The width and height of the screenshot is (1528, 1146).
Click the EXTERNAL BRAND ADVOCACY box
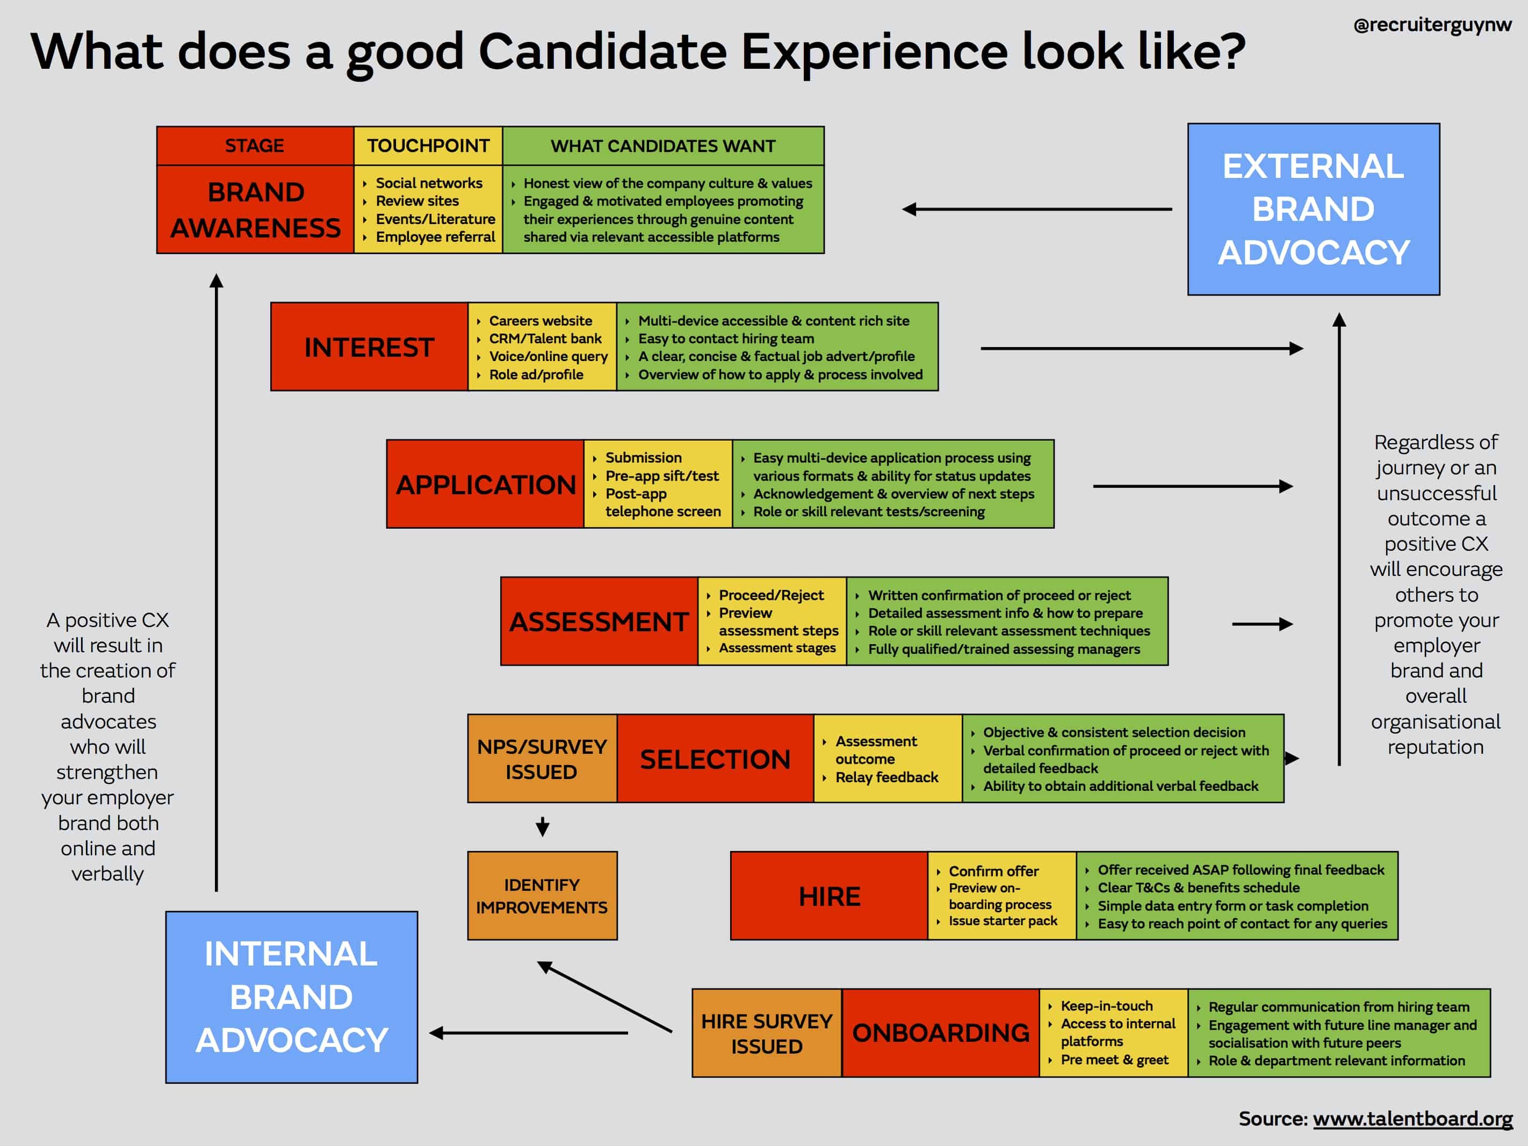pyautogui.click(x=1313, y=210)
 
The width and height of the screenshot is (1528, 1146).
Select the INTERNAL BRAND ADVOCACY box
pyautogui.click(x=292, y=997)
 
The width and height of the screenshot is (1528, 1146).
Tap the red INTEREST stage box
pyautogui.click(x=370, y=347)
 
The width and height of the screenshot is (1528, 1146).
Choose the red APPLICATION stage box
pyautogui.click(x=486, y=484)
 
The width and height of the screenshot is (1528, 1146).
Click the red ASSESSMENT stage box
pyautogui.click(x=600, y=621)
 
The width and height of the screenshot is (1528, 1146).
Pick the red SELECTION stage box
pyautogui.click(x=716, y=759)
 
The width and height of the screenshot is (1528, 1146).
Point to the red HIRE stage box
pyautogui.click(x=829, y=896)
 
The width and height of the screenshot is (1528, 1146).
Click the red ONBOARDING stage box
pyautogui.click(x=941, y=1033)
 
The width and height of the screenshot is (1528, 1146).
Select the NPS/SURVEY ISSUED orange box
pyautogui.click(x=542, y=759)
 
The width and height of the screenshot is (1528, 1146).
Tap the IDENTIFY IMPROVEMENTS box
pyautogui.click(x=542, y=896)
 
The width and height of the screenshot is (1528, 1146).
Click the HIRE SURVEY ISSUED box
pyautogui.click(x=767, y=1033)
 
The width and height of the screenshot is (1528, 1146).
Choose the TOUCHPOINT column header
pyautogui.click(x=428, y=146)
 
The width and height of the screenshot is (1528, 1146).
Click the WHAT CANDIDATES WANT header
pyautogui.click(x=663, y=146)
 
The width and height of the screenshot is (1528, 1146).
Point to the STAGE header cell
pyautogui.click(x=255, y=146)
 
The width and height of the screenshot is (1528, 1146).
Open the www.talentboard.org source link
pyautogui.click(x=1412, y=1119)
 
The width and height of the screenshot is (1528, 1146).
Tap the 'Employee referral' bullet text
pyautogui.click(x=435, y=237)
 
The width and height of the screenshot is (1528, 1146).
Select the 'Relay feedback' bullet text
pyautogui.click(x=887, y=777)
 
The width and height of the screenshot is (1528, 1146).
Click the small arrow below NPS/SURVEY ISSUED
pyautogui.click(x=543, y=826)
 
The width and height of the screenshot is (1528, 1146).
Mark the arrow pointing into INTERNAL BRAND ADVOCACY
pyautogui.click(x=529, y=1033)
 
